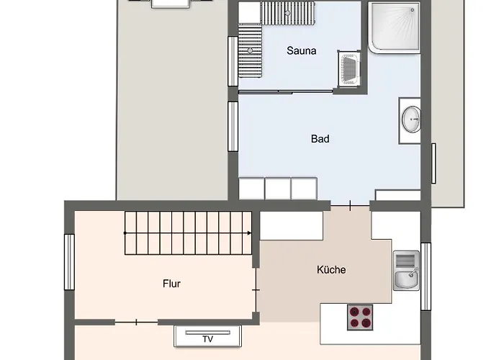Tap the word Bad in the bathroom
(x=320, y=139)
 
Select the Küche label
(x=331, y=270)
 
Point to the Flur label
(x=171, y=284)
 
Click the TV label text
(x=207, y=338)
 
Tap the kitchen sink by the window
(x=406, y=271)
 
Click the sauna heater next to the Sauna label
(x=349, y=68)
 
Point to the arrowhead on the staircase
(x=248, y=233)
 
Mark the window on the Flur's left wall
(x=69, y=263)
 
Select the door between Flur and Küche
(x=256, y=289)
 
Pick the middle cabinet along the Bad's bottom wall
(x=277, y=189)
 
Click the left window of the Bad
(x=233, y=126)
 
